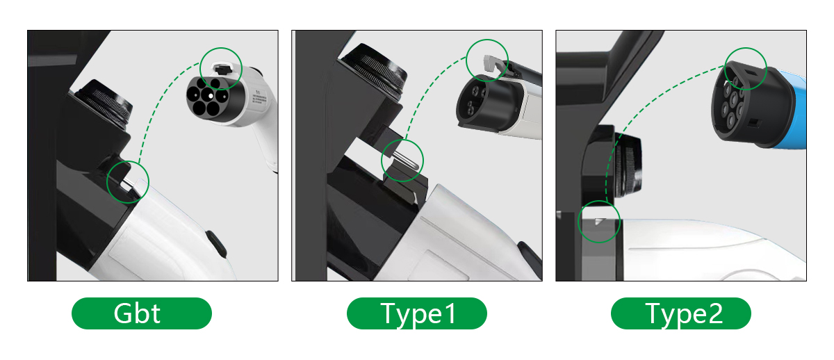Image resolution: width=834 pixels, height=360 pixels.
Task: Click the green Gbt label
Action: pyautogui.click(x=142, y=313)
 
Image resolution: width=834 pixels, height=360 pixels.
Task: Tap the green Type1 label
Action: pyautogui.click(x=416, y=313)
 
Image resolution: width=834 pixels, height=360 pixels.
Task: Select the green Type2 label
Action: pyautogui.click(x=681, y=313)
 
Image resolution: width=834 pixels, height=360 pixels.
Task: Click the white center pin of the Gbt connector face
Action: pyautogui.click(x=211, y=96)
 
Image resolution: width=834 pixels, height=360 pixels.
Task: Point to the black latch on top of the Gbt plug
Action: pyautogui.click(x=222, y=69)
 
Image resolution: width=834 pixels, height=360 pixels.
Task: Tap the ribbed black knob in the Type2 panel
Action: pyautogui.click(x=628, y=165)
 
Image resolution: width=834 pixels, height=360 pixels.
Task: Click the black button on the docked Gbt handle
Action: pyautogui.click(x=216, y=243)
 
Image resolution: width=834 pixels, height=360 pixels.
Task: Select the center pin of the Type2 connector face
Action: pyautogui.click(x=733, y=99)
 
